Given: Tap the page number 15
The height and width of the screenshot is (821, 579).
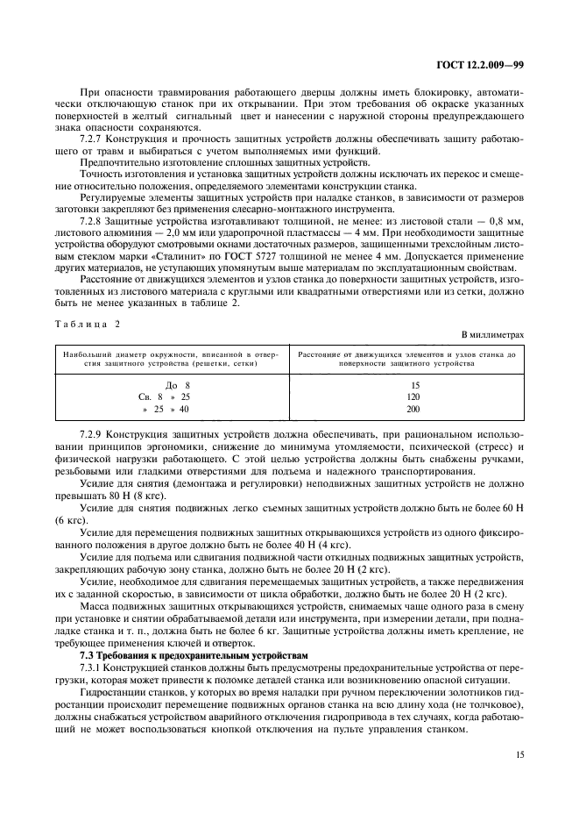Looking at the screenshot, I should (x=517, y=753).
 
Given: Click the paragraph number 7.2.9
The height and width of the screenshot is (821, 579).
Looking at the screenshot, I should (x=92, y=435).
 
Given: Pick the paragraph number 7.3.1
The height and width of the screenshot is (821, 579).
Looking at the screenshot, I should (x=92, y=668).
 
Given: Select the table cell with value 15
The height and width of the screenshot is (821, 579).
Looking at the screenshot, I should (x=414, y=384).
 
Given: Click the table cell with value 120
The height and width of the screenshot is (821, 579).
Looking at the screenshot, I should (x=414, y=396).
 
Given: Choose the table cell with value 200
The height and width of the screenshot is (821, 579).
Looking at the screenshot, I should (x=414, y=409).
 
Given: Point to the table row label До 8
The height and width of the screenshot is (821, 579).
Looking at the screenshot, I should (x=177, y=384).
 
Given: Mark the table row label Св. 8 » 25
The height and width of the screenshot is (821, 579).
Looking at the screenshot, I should (x=158, y=396).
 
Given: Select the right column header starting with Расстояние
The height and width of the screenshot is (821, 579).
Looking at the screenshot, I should (x=406, y=358).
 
